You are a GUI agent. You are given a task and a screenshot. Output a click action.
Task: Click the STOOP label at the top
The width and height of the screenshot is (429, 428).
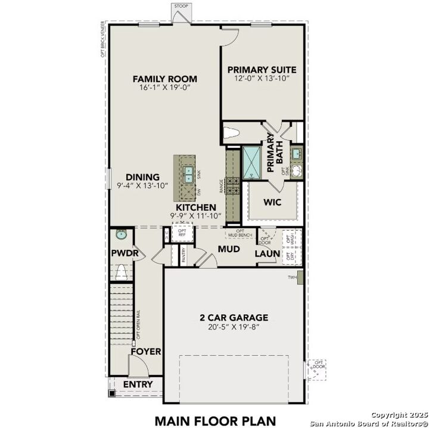(181, 6)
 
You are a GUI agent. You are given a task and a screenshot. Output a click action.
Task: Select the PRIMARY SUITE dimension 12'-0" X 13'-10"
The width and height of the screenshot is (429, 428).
(262, 79)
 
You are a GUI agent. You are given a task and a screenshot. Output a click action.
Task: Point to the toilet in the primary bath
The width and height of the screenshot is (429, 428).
(231, 132)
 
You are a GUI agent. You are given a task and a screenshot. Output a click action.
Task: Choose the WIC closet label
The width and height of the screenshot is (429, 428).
(272, 201)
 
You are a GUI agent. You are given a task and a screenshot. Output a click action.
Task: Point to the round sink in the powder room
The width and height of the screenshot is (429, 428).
(121, 234)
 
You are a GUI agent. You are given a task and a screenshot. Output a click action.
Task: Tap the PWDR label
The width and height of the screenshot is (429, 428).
(125, 253)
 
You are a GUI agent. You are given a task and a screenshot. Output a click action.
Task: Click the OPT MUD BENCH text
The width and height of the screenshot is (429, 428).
(240, 233)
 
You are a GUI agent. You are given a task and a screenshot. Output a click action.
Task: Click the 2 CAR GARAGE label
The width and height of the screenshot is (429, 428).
(234, 318)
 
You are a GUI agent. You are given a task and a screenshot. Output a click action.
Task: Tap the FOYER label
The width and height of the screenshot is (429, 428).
(145, 352)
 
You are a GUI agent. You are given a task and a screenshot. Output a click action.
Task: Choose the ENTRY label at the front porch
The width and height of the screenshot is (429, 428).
(138, 384)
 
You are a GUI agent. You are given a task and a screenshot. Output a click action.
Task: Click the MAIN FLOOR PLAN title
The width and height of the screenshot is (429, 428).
(214, 420)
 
